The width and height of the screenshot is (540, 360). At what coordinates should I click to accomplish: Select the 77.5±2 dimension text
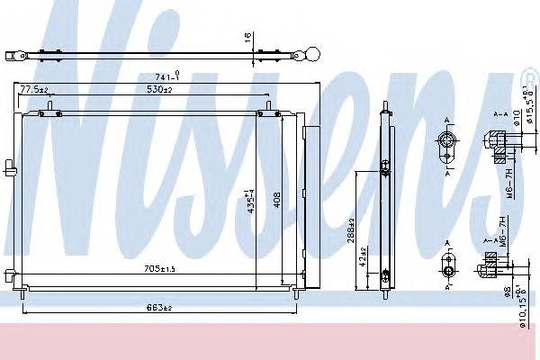pyautogui.click(x=33, y=90)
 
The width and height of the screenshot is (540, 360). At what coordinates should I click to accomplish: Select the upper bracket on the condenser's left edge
pyautogui.click(x=10, y=166)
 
